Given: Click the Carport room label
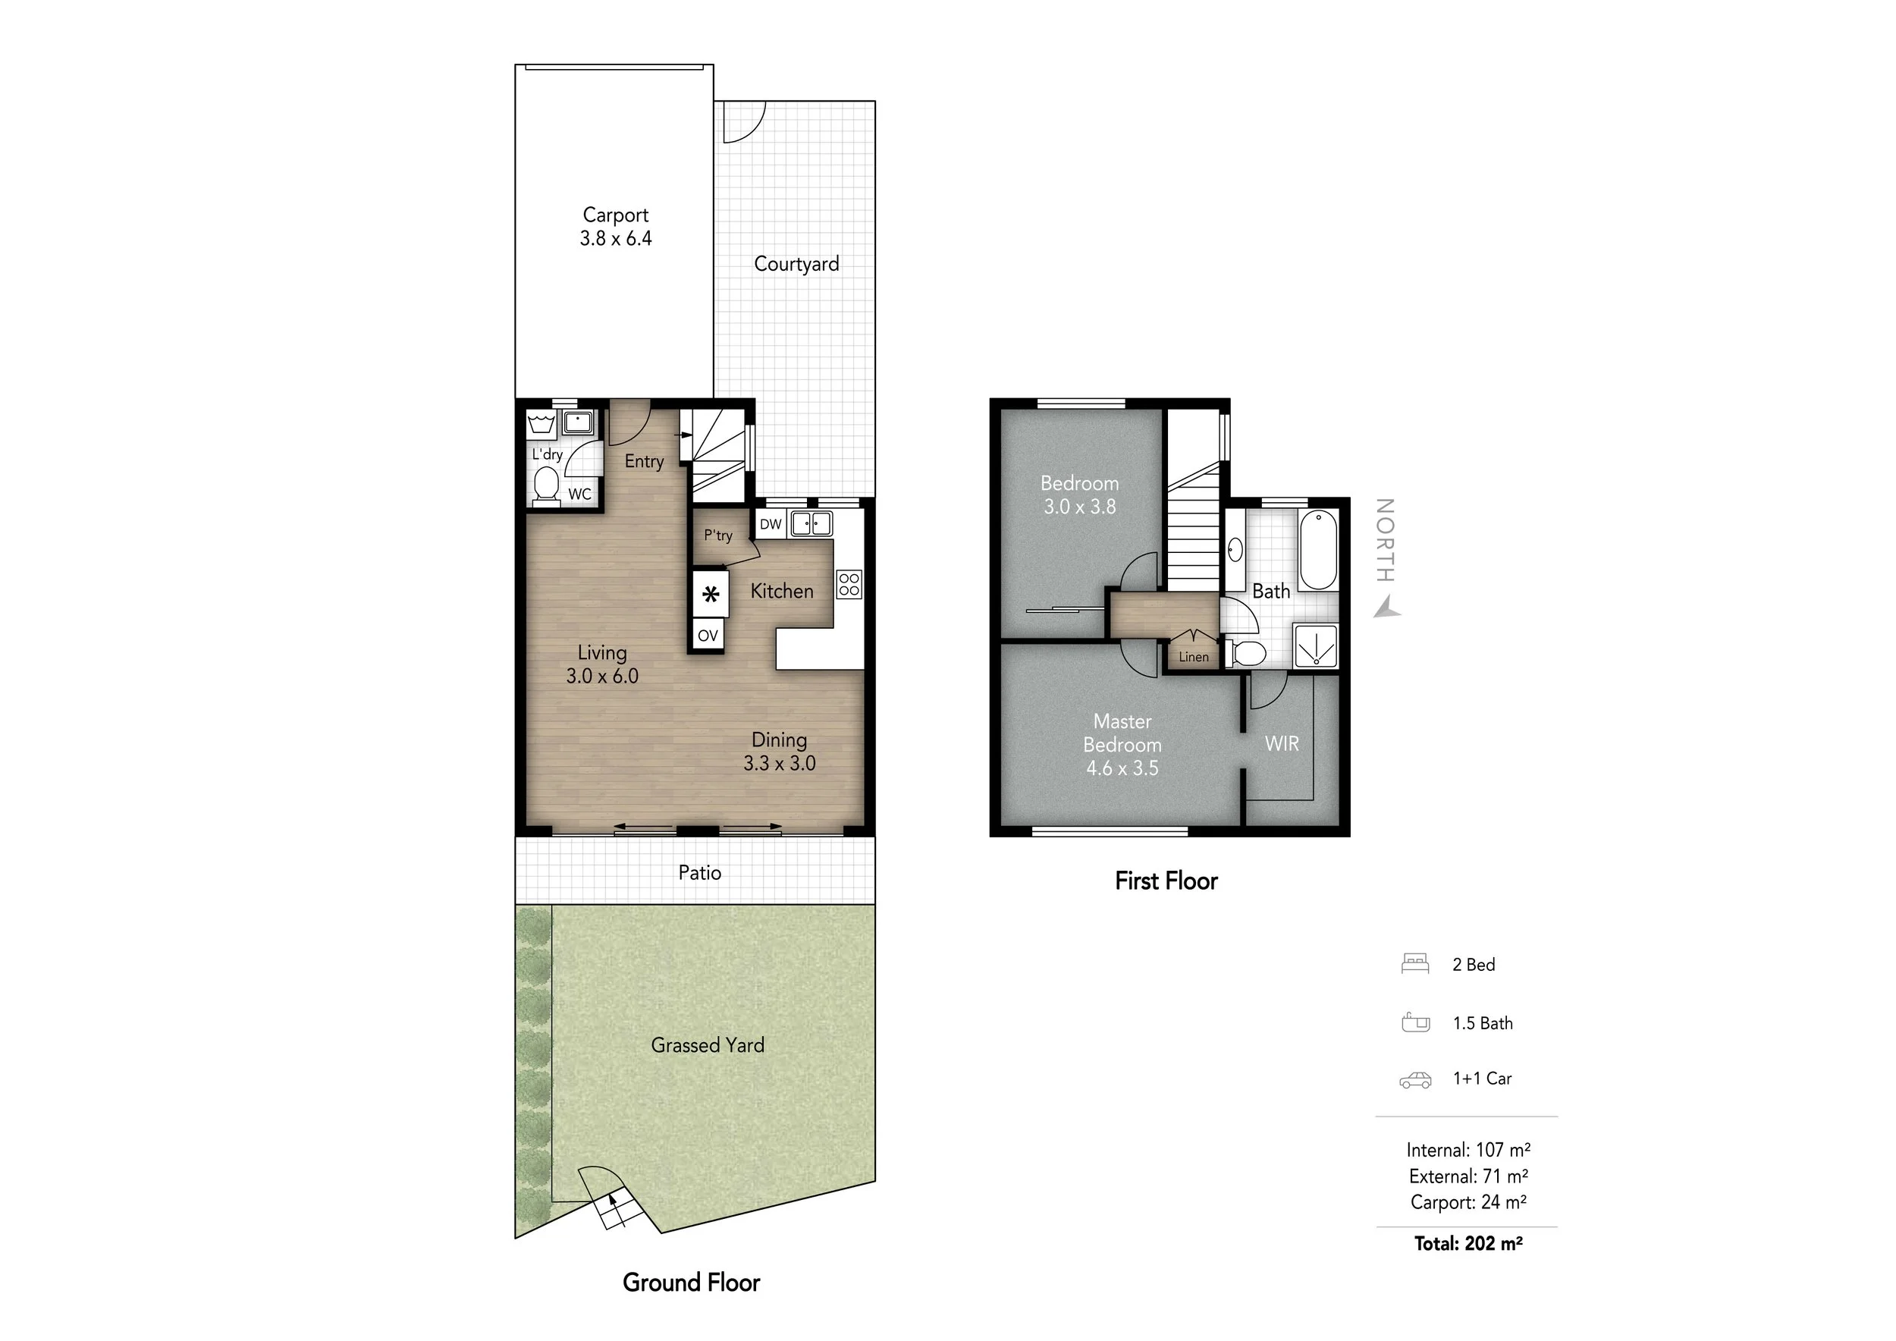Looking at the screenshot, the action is [x=615, y=215].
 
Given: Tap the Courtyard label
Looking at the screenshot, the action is [x=796, y=264].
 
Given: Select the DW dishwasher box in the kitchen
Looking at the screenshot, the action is [x=771, y=524].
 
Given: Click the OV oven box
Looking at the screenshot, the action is [x=708, y=636].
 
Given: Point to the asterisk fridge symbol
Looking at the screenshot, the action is [x=710, y=594].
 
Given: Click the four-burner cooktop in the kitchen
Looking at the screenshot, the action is [x=849, y=585].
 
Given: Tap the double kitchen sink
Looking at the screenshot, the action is [x=811, y=523].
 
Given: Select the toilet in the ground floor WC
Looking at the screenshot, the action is [x=546, y=485].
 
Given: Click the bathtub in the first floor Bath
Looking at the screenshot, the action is [x=1318, y=550].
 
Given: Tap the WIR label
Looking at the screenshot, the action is [x=1282, y=744].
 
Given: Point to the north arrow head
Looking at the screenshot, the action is [x=1387, y=609].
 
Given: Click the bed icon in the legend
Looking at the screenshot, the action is [x=1414, y=965].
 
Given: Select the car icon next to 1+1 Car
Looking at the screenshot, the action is [x=1415, y=1080].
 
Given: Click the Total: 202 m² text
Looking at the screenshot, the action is [x=1468, y=1244].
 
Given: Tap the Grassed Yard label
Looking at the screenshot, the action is [x=708, y=1045].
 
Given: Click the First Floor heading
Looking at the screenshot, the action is [x=1166, y=881].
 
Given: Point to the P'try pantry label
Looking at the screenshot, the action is [x=718, y=535].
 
